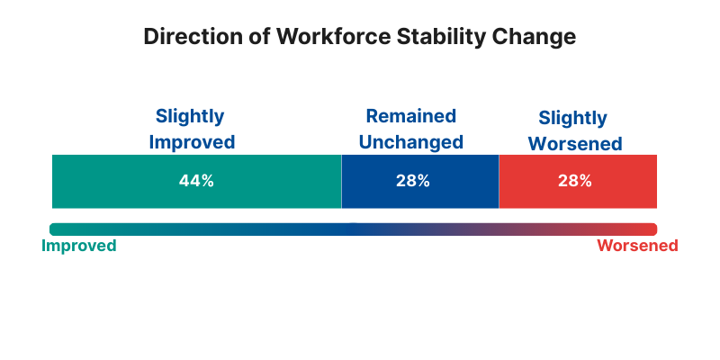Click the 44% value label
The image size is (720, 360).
click(196, 181)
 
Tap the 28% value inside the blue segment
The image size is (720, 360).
click(413, 181)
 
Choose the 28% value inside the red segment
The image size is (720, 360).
click(574, 181)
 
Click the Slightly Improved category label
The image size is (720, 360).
click(191, 129)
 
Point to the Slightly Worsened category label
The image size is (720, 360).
click(573, 130)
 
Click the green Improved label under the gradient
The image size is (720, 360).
click(79, 246)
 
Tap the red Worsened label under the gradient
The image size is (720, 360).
click(637, 246)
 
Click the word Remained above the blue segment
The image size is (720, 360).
click(410, 116)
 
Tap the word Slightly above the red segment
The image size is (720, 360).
click(573, 118)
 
